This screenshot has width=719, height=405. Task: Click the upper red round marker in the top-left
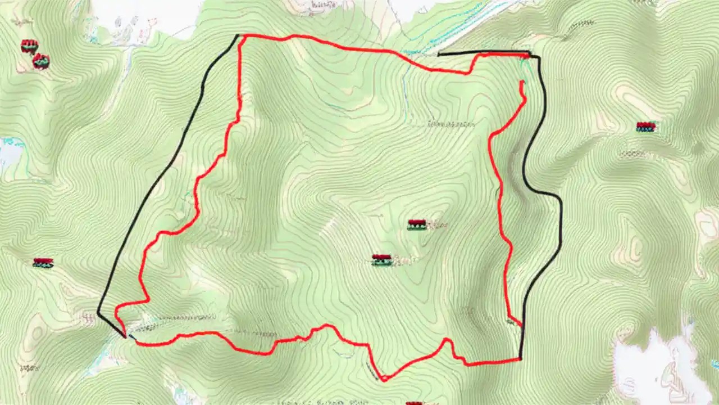click(x=29, y=46)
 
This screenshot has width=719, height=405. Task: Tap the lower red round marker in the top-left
click(x=40, y=61)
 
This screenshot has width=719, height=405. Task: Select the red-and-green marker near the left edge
click(x=43, y=262)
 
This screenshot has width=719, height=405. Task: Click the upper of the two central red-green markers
click(x=416, y=224)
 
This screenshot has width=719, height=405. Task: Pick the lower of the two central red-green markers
click(x=381, y=259)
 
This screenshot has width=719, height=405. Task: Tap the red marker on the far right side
click(x=646, y=127)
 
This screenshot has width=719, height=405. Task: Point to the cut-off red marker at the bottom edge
click(x=414, y=403)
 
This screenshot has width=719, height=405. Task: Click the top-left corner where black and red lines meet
click(x=239, y=36)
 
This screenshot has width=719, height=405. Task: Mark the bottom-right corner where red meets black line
click(x=520, y=358)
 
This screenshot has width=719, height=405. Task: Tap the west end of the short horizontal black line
click(x=439, y=55)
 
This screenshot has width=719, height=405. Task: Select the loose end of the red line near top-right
click(x=522, y=82)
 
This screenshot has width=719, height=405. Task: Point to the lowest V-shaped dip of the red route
click(x=384, y=380)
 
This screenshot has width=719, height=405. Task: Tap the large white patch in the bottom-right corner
click(x=657, y=366)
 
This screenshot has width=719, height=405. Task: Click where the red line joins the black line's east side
click(x=521, y=326)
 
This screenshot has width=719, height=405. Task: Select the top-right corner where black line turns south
click(x=538, y=56)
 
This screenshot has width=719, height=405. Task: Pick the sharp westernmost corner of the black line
click(x=98, y=312)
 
